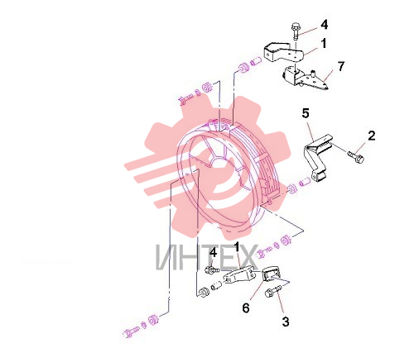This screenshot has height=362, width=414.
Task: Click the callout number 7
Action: click(341, 66)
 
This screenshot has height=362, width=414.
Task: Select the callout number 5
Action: click(306, 113)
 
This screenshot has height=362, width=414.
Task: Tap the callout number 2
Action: click(372, 136)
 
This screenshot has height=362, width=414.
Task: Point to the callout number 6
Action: click(246, 307)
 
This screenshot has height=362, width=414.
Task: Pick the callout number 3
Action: click(286, 322)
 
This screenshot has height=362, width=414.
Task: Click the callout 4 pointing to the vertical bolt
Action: click(325, 25)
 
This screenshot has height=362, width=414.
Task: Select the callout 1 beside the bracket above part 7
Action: click(324, 43)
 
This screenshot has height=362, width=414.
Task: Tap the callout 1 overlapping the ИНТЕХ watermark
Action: click(237, 247)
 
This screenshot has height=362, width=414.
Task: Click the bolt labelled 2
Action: click(356, 157)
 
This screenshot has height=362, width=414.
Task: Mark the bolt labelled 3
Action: click(272, 291)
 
